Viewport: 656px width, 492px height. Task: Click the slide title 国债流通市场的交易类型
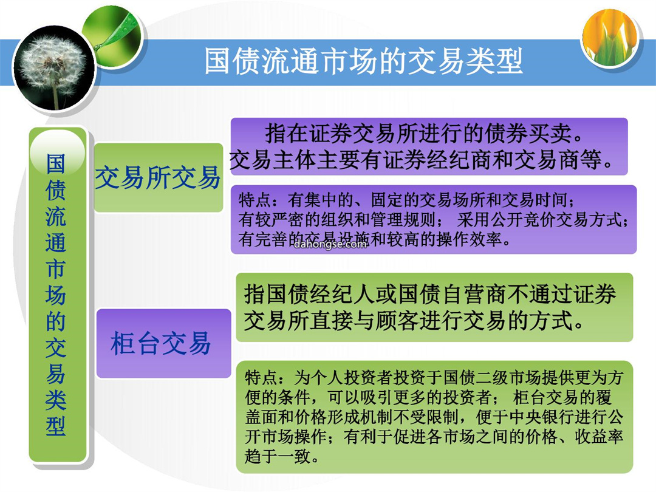tap(363, 61)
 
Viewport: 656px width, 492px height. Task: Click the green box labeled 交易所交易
tap(158, 177)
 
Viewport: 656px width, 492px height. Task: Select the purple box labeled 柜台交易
tap(163, 343)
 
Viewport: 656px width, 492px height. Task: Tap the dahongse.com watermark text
tap(330, 244)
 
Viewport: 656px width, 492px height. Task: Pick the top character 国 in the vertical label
tap(56, 163)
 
